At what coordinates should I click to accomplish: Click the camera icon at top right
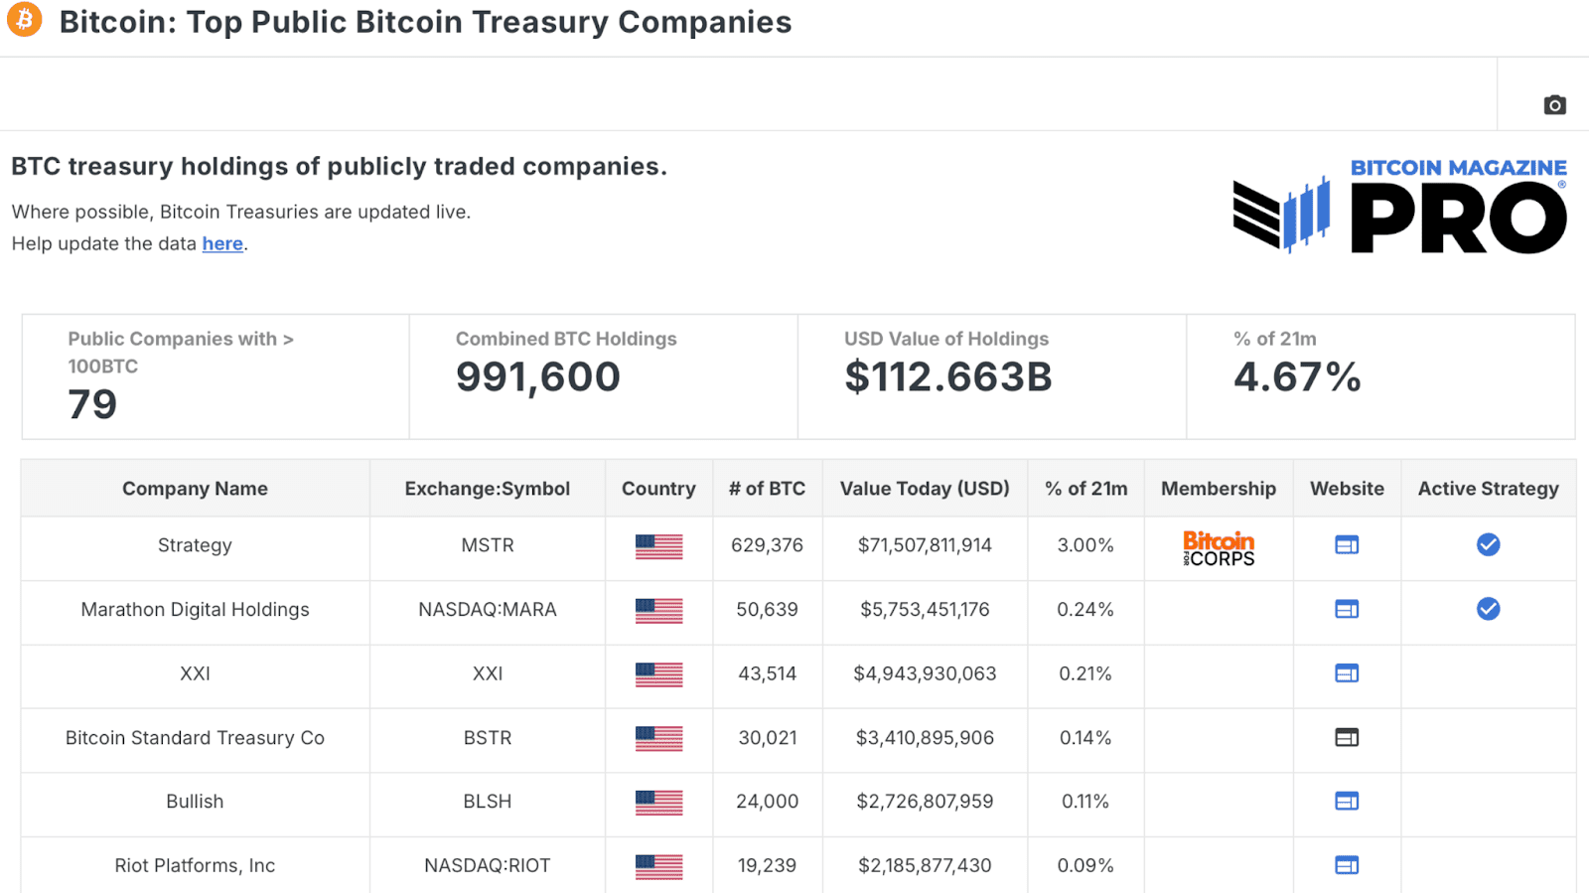pyautogui.click(x=1554, y=104)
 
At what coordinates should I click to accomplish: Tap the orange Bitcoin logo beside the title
pyautogui.click(x=25, y=19)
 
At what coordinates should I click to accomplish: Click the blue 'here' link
pyautogui.click(x=222, y=243)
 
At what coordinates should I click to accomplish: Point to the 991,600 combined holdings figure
pyautogui.click(x=537, y=377)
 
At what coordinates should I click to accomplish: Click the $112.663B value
pyautogui.click(x=947, y=377)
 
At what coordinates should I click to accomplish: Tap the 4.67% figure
pyautogui.click(x=1296, y=377)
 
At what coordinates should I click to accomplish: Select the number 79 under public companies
pyautogui.click(x=92, y=404)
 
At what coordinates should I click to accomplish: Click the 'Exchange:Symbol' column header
pyautogui.click(x=487, y=489)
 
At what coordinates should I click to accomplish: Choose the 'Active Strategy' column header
pyautogui.click(x=1488, y=489)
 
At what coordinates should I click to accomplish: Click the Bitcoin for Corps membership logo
pyautogui.click(x=1219, y=547)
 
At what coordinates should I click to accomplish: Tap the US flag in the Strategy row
pyautogui.click(x=658, y=546)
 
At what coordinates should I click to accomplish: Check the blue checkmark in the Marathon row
pyautogui.click(x=1488, y=609)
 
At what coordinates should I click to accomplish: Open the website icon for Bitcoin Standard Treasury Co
pyautogui.click(x=1347, y=737)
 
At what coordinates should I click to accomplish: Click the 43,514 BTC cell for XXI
pyautogui.click(x=767, y=673)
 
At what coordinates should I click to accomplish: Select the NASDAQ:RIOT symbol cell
pyautogui.click(x=487, y=865)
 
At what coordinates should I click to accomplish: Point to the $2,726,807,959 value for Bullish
pyautogui.click(x=925, y=802)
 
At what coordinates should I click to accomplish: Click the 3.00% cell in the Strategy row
pyautogui.click(x=1084, y=545)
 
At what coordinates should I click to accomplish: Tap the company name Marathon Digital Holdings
pyautogui.click(x=195, y=610)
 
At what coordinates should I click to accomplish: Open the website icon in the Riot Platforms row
pyautogui.click(x=1347, y=865)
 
